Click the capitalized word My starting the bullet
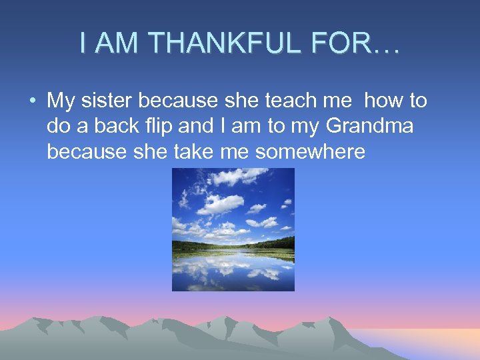pyautogui.click(x=61, y=101)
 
